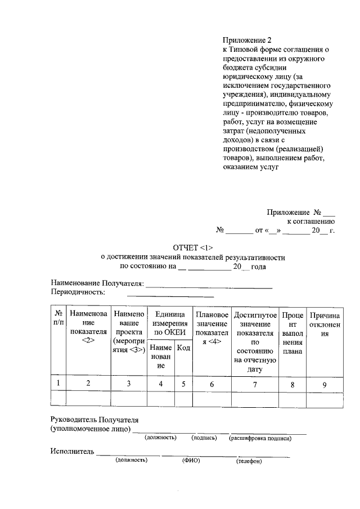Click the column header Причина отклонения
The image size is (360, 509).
coord(325,325)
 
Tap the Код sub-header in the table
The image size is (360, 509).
coord(183,348)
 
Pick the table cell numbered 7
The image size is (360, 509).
coord(254,384)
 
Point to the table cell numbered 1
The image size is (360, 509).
coord(58,384)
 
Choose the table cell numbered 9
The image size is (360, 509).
coord(325,384)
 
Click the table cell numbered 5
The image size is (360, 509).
coord(183,384)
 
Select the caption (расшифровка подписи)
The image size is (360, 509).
coord(259,438)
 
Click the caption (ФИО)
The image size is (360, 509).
coord(191,460)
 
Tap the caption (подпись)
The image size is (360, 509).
coord(204,438)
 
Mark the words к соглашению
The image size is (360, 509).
coord(311,222)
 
